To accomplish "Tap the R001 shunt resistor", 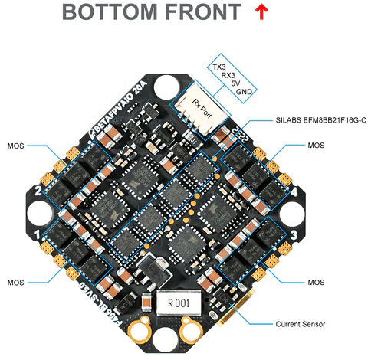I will (182, 301).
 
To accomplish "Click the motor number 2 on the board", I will (38, 190).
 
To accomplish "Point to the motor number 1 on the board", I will (38, 231).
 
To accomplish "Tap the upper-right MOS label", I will (316, 145).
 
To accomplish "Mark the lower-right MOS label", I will (316, 282).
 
